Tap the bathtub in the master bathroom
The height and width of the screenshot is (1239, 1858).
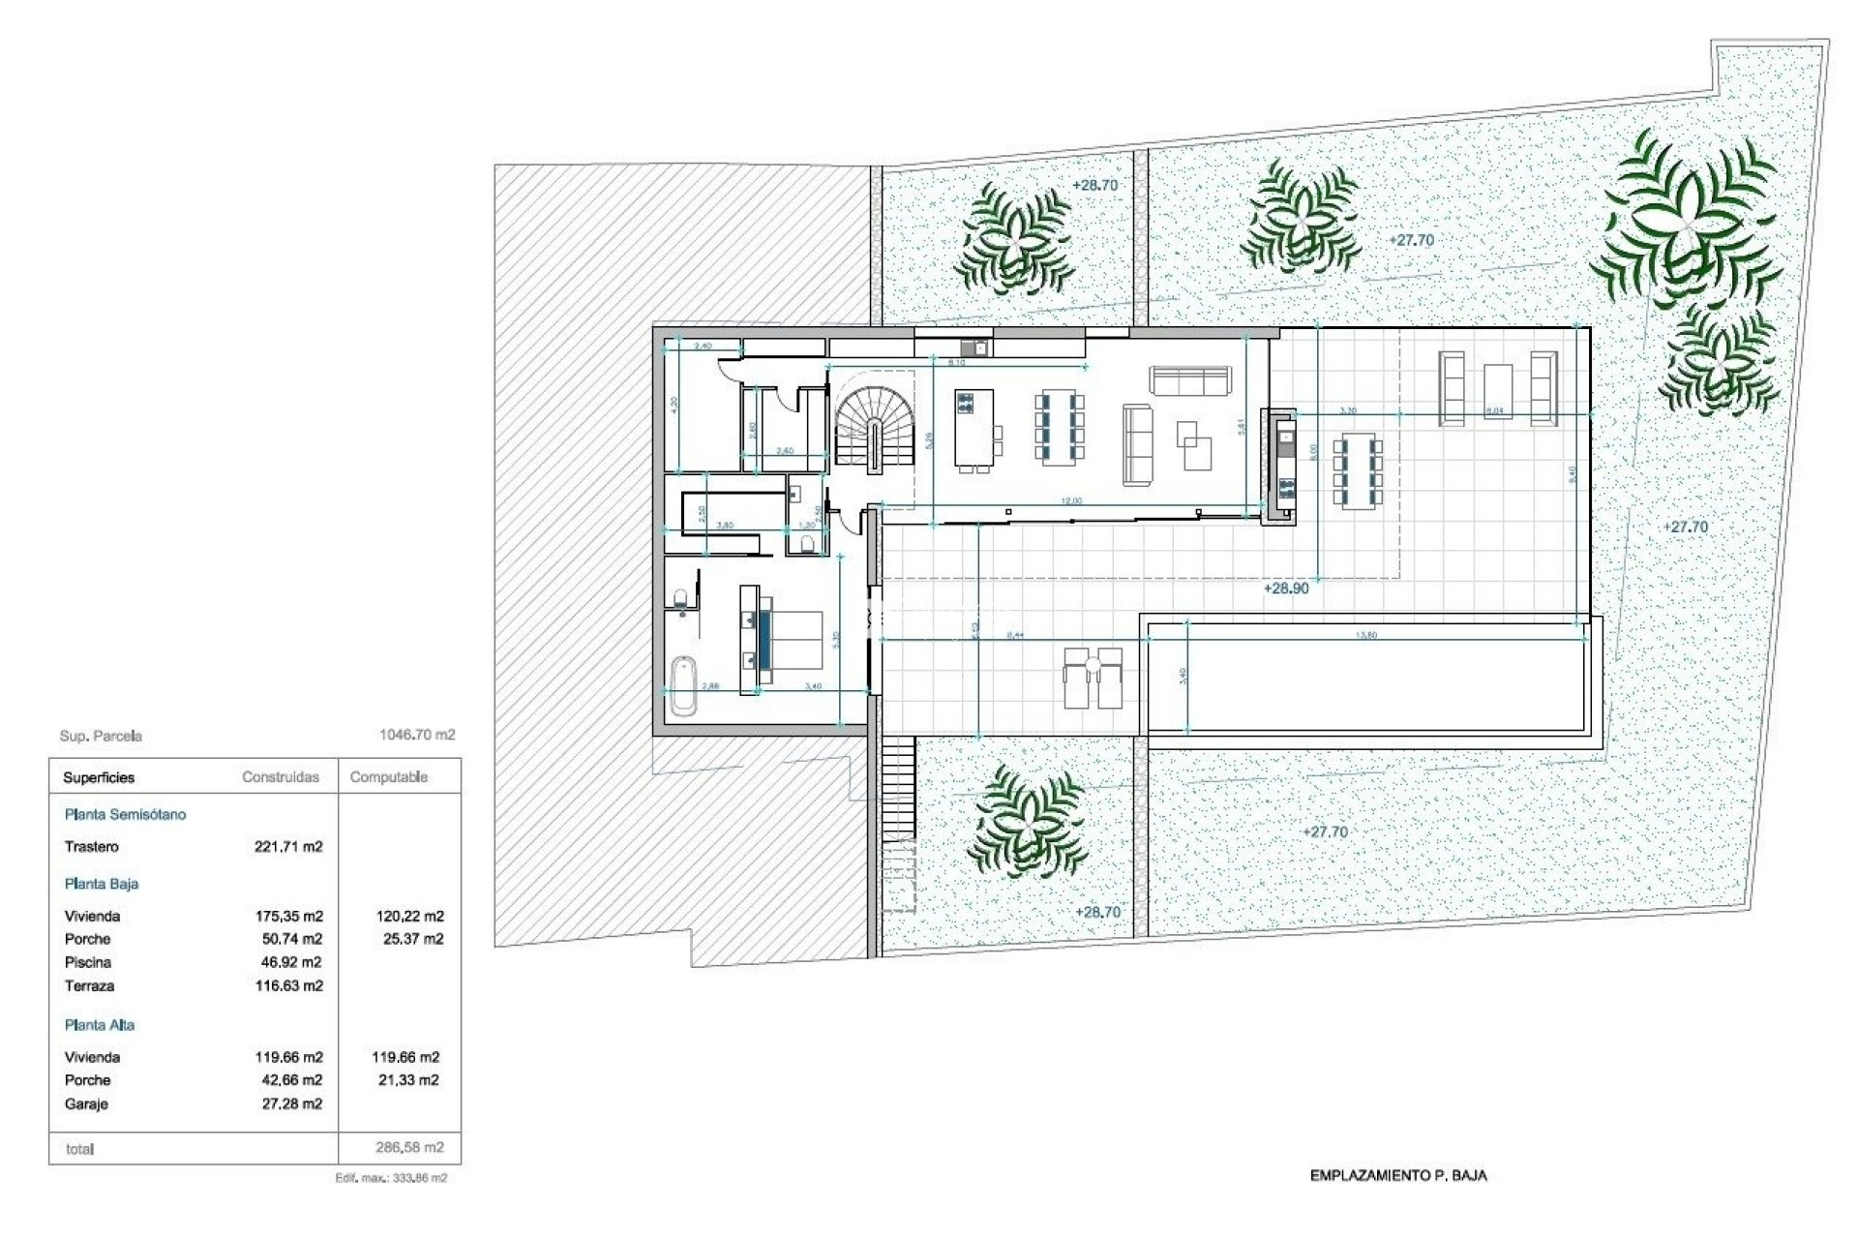pos(683,684)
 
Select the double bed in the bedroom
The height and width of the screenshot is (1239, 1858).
pos(788,640)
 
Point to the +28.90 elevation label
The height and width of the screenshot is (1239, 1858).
pos(1285,589)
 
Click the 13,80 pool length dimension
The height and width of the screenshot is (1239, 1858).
pos(1366,635)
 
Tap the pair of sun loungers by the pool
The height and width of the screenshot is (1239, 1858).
pos(1094,678)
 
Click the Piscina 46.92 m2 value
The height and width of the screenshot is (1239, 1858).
pos(288,962)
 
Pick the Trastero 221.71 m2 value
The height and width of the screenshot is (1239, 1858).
pos(288,846)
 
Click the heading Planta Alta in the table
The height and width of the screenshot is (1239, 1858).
pos(100,1024)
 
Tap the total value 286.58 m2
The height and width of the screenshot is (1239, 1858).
pos(409,1147)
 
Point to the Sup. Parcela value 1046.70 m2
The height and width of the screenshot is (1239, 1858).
pos(416,735)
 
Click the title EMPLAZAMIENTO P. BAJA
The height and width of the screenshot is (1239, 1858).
pos(1397,1175)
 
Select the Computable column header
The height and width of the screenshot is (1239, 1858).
pos(388,776)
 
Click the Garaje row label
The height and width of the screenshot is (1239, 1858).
pos(86,1103)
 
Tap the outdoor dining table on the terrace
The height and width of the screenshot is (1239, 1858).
pos(1358,472)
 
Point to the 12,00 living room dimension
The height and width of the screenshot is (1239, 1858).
pos(1070,501)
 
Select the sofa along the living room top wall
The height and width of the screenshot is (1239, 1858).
pos(1190,380)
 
